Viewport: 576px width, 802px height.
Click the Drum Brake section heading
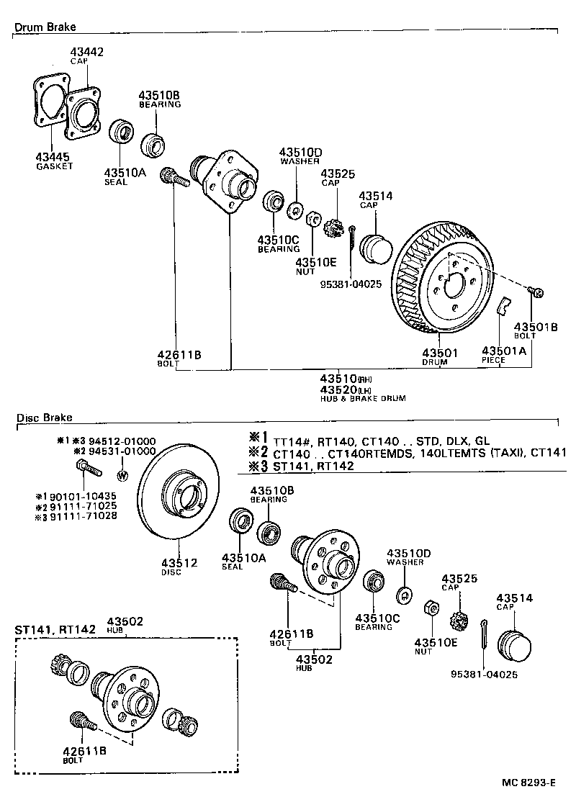[45, 27]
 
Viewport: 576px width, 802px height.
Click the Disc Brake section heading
[43, 417]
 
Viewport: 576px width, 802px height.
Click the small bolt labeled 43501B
[537, 292]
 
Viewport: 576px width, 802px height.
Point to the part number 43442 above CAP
[87, 52]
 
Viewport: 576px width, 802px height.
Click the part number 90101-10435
[85, 497]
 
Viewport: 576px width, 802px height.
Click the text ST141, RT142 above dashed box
[55, 628]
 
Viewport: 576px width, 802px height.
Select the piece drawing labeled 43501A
[504, 305]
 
